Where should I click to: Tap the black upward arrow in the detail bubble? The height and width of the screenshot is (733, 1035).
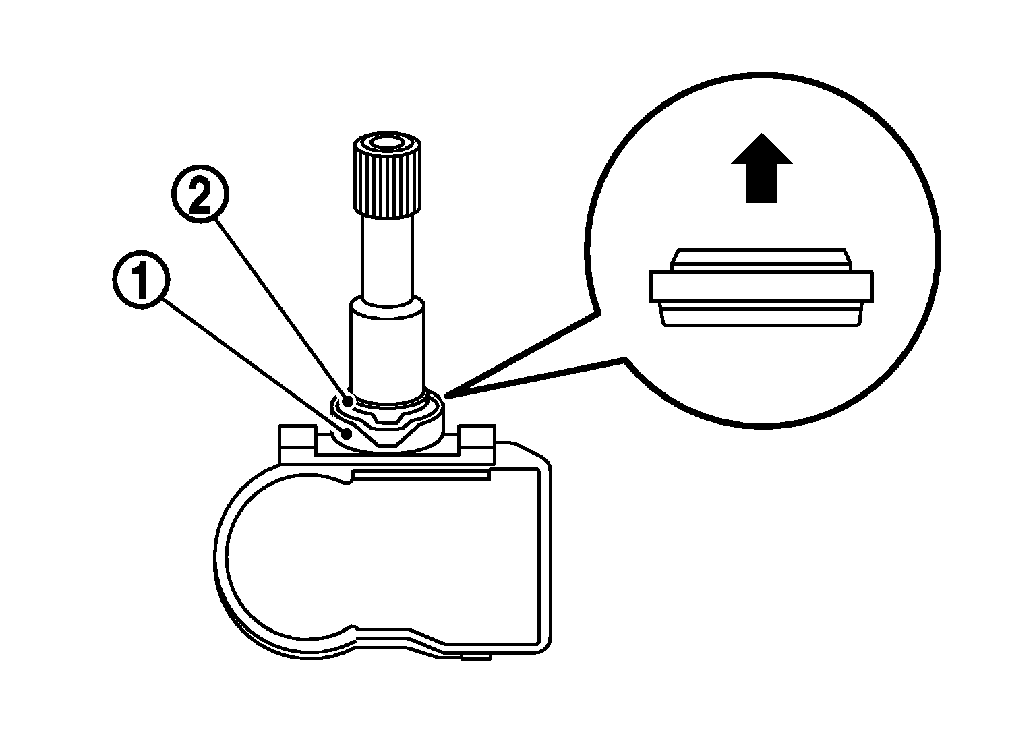(762, 168)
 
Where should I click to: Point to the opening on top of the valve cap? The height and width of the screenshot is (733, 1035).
(388, 142)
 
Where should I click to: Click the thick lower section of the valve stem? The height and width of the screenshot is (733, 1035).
(387, 349)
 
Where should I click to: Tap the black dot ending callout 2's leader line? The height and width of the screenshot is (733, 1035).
(349, 400)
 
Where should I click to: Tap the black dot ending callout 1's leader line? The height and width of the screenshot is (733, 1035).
(347, 434)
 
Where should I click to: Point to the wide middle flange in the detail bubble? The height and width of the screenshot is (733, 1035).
(761, 287)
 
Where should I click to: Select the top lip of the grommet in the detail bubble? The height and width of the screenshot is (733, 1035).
(761, 260)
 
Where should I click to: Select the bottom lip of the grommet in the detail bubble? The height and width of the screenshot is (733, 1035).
(761, 315)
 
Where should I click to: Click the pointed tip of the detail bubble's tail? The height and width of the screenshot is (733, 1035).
(446, 396)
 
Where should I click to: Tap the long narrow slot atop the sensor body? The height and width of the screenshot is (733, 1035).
(421, 475)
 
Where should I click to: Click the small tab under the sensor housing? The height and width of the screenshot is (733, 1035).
(477, 657)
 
